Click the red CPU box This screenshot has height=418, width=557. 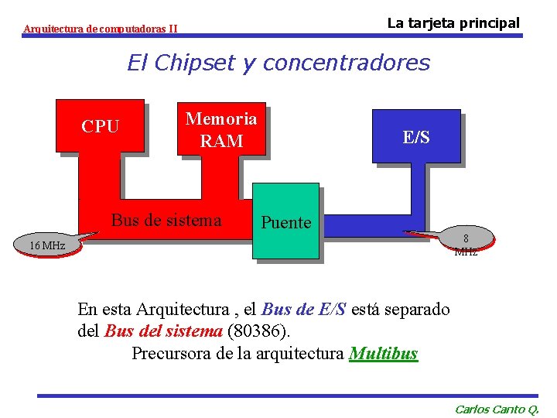pos(101,126)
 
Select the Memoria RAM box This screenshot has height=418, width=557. pos(221,129)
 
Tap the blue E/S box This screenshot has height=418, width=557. pos(416,137)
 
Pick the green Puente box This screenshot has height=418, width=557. pos(286,222)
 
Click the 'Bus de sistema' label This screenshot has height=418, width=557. pos(166,220)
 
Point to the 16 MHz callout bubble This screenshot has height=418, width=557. pos(47,245)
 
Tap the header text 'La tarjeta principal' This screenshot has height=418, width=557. pos(453,23)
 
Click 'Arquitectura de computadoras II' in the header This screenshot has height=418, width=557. pos(101,29)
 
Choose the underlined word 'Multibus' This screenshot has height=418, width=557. pos(383,354)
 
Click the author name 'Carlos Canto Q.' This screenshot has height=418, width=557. pos(497,409)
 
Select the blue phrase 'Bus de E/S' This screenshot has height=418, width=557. pos(304,310)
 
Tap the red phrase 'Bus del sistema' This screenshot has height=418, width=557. pos(162,332)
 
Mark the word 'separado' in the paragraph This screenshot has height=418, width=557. pos(417,310)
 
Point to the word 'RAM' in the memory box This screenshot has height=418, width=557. pos(221,141)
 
